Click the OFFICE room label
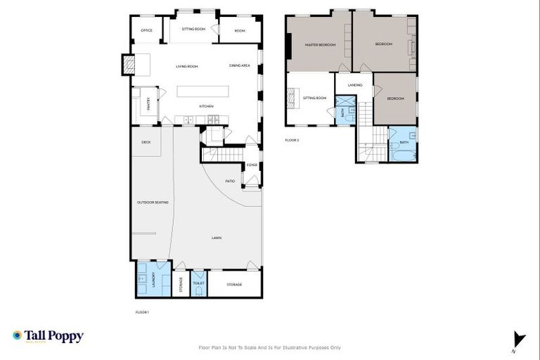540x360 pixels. point(146,30)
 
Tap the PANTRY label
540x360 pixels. point(149,103)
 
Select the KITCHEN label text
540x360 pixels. point(206,106)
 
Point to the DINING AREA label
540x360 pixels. point(240,65)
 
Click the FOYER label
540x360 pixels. point(252,165)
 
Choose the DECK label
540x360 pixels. point(146,142)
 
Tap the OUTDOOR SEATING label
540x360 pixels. point(153,202)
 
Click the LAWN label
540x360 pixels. point(217,238)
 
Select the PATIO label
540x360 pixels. point(230,181)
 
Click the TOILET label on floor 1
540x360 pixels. point(198,283)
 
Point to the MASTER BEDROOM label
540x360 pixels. point(320,44)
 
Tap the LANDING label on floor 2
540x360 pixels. point(354,85)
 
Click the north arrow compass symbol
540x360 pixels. point(519,339)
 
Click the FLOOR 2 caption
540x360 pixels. point(292,141)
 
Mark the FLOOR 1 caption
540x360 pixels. point(142,311)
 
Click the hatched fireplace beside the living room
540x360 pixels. point(129,65)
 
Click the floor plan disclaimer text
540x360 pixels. point(270,347)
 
